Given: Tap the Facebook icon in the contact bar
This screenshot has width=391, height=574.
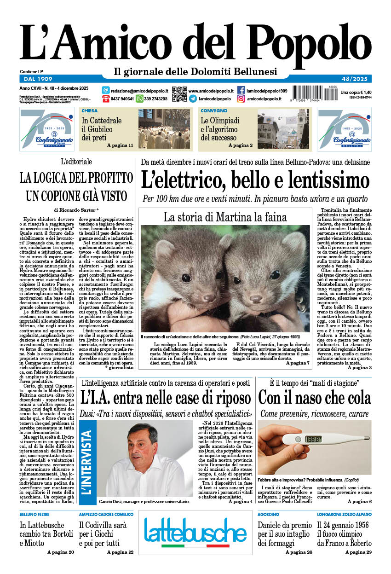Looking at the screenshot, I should click(241, 90).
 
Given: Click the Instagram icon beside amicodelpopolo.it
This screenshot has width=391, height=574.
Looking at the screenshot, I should click(241, 99).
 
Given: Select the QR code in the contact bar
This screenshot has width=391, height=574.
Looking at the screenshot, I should click(179, 94).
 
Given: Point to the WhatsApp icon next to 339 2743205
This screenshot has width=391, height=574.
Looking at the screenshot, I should click(139, 99).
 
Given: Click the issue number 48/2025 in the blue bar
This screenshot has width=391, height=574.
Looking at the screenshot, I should click(356, 79).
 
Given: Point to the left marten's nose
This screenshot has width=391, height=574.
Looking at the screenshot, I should click(209, 297).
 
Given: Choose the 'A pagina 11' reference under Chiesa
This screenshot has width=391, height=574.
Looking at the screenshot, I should click(120, 145).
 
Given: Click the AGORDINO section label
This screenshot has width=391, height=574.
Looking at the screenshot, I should click(268, 514).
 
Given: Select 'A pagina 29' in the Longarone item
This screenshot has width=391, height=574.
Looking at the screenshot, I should click(358, 552).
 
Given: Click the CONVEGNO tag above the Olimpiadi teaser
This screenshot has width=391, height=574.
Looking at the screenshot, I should click(214, 111).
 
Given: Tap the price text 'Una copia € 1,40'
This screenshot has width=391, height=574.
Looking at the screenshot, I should click(356, 92).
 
